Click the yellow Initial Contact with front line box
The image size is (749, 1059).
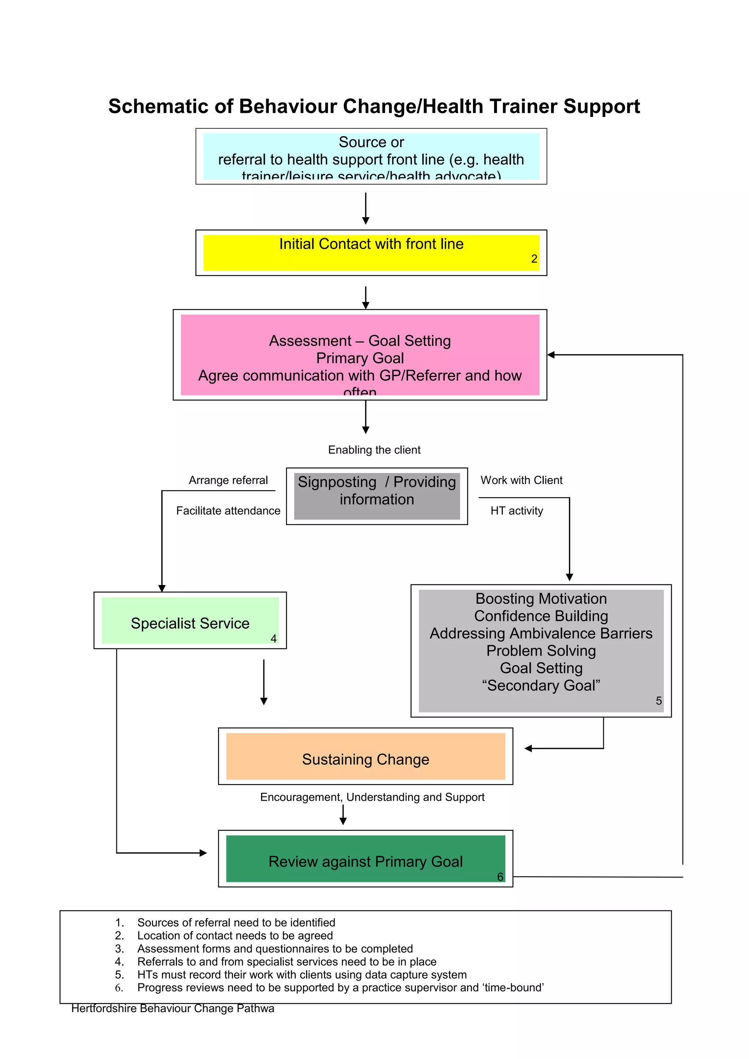pyautogui.click(x=371, y=253)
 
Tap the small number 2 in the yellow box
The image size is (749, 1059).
pyautogui.click(x=534, y=259)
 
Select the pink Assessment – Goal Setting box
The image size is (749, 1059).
pyautogui.click(x=360, y=355)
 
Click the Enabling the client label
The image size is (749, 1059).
pyautogui.click(x=374, y=450)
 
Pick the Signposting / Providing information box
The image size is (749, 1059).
pyautogui.click(x=376, y=496)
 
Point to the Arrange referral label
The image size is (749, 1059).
pyautogui.click(x=228, y=480)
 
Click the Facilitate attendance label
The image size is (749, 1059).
pyautogui.click(x=228, y=510)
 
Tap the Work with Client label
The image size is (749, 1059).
pyautogui.click(x=521, y=480)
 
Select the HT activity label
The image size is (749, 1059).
pyautogui.click(x=516, y=510)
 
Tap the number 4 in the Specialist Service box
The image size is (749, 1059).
pyautogui.click(x=274, y=639)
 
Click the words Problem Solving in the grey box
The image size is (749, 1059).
pyautogui.click(x=541, y=651)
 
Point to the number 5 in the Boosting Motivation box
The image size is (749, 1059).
pyautogui.click(x=659, y=701)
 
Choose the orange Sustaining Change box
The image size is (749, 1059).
pyautogui.click(x=365, y=757)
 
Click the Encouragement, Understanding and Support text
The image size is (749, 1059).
pyautogui.click(x=372, y=798)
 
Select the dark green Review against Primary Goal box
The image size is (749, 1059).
pyautogui.click(x=365, y=859)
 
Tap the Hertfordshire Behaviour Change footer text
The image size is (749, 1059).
pyautogui.click(x=173, y=1009)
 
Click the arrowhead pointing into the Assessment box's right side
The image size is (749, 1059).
pyautogui.click(x=551, y=355)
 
